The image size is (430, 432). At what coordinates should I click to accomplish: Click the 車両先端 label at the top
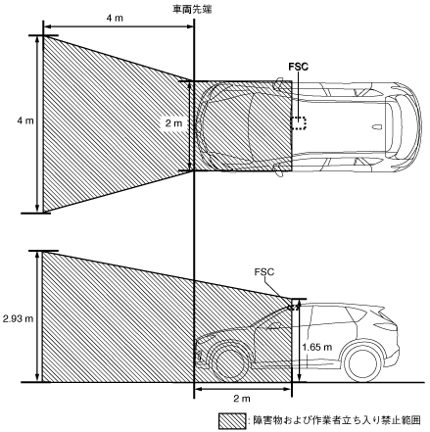[x=192, y=9]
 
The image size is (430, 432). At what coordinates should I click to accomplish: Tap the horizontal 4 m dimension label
[x=115, y=18]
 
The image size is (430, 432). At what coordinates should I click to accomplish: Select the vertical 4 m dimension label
[x=25, y=120]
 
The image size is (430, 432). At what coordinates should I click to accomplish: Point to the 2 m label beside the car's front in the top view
[x=173, y=123]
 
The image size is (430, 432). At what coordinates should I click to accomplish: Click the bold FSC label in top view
[x=299, y=67]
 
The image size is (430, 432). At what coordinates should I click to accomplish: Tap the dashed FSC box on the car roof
[x=299, y=123]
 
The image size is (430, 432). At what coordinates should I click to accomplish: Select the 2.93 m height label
[x=18, y=318]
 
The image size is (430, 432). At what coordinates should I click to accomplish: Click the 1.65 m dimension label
[x=317, y=347]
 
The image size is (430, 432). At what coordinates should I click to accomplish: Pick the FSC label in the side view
[x=264, y=272]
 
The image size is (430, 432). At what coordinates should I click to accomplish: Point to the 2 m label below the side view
[x=242, y=399]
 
